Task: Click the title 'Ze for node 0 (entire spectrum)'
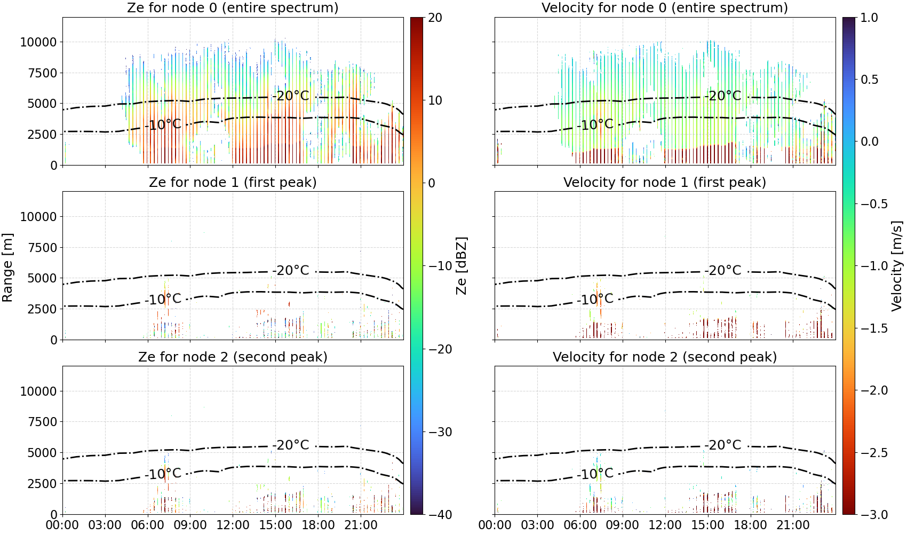233,7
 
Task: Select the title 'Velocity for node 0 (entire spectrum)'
665,7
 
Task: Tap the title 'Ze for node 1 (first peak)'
233,182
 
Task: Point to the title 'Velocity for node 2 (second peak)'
665,357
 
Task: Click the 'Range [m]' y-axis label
7,268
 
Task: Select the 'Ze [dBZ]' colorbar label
461,266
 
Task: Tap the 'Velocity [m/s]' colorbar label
897,266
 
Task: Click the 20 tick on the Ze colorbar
435,18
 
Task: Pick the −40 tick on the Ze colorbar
440,515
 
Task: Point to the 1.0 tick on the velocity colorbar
869,18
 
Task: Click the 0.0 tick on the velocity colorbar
869,142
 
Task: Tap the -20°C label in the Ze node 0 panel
291,96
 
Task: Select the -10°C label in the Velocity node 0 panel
595,124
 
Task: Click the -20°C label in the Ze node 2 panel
291,445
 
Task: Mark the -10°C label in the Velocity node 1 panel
595,300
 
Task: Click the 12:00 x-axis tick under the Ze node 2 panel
233,525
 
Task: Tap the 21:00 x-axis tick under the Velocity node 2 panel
793,525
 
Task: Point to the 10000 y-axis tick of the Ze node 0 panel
38,42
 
